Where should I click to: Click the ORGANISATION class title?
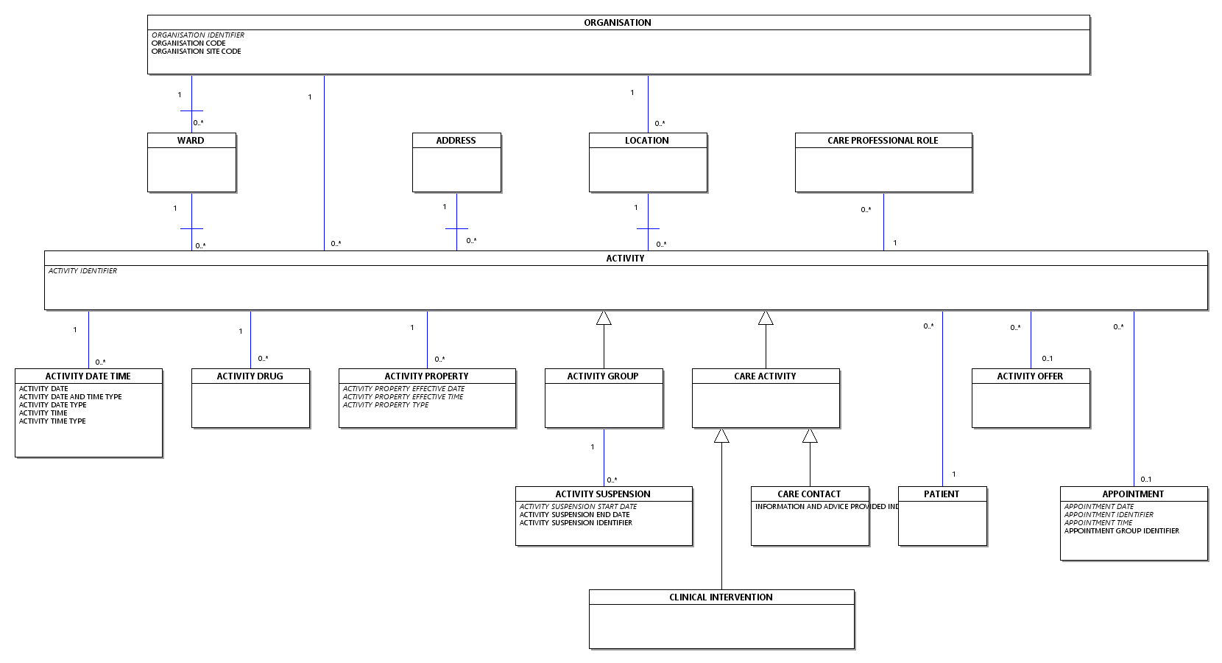(x=617, y=23)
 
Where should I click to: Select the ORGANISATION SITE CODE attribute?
(x=196, y=52)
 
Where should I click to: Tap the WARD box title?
(x=191, y=141)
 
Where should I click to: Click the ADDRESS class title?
(x=456, y=141)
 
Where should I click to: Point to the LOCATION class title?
(x=646, y=141)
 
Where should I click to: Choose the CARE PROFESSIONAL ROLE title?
(x=882, y=141)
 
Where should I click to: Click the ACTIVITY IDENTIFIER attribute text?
(x=82, y=271)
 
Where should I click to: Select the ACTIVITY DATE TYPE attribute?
(x=52, y=405)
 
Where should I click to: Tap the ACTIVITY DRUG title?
(x=250, y=376)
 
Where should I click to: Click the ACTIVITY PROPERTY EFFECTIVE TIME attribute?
(x=403, y=397)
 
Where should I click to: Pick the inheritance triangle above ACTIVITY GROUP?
(x=604, y=318)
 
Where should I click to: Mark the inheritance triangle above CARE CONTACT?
(x=810, y=436)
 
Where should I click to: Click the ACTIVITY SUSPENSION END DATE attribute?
(x=574, y=515)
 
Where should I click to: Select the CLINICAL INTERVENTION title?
(x=721, y=597)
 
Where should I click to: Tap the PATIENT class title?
(x=941, y=494)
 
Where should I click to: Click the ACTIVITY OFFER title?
(x=1029, y=376)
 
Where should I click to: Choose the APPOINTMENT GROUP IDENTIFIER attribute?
(x=1121, y=531)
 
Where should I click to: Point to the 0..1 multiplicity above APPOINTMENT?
(x=1145, y=480)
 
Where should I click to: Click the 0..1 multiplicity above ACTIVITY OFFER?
(x=1047, y=359)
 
